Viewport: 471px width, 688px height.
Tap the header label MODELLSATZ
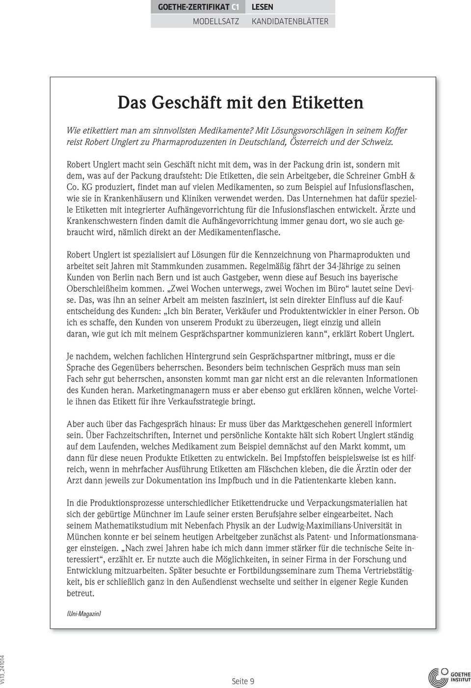(216, 21)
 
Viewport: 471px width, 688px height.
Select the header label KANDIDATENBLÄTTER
(290, 21)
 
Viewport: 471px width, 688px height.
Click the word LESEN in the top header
(262, 7)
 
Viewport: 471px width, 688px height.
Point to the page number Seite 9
(243, 681)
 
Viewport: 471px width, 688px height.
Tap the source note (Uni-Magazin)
(83, 614)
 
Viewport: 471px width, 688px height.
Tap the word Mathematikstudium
(130, 525)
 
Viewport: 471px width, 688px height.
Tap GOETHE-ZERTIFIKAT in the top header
(193, 7)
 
